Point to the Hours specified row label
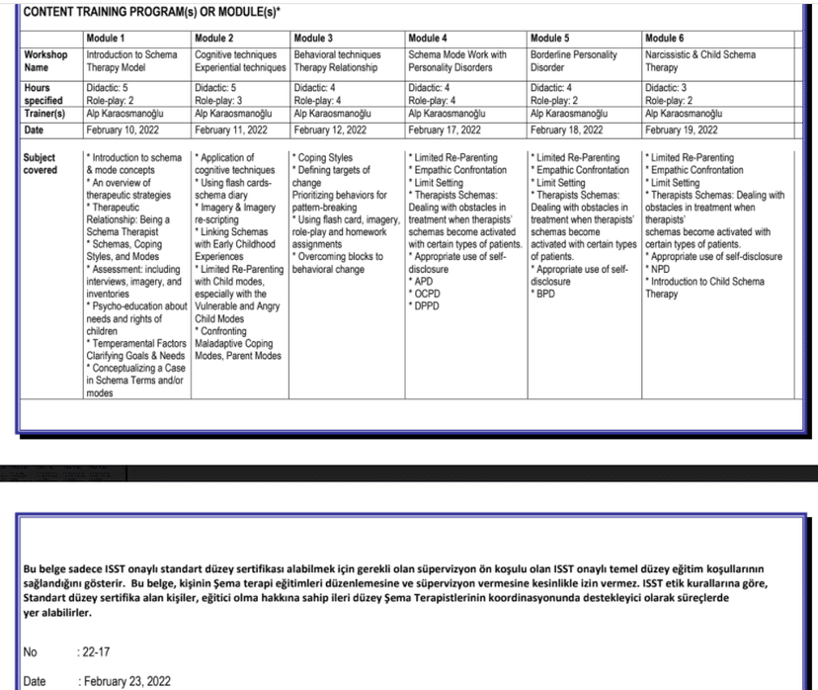pyautogui.click(x=43, y=94)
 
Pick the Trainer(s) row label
pyautogui.click(x=45, y=114)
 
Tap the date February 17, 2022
pyautogui.click(x=444, y=129)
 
